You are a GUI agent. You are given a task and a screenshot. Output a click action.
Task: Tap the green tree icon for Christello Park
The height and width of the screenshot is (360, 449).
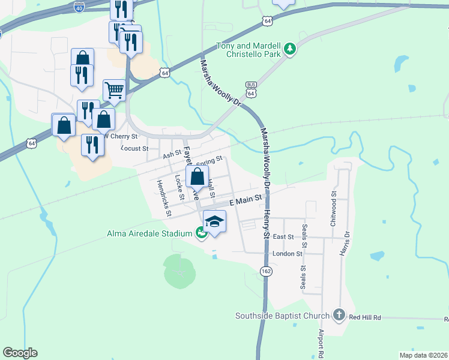pos(290,48)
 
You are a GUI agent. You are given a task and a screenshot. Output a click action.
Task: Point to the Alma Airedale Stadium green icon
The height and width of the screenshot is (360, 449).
pos(201,233)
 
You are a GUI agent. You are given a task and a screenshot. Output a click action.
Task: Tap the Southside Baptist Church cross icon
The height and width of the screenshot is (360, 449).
pos(339,315)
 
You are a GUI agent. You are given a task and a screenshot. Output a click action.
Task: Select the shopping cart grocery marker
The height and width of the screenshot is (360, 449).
pos(114,91)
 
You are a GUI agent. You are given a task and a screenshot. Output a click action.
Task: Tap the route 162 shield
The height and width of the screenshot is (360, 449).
pos(266,272)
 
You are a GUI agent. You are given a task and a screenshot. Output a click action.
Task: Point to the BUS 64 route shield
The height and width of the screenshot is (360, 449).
pos(252,90)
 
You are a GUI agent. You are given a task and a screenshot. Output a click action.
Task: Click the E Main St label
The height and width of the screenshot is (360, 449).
pos(246,197)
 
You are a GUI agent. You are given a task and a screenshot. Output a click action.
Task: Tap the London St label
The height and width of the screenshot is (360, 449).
pos(287,254)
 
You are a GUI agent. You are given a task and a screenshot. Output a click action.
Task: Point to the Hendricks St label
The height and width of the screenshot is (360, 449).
pos(164,197)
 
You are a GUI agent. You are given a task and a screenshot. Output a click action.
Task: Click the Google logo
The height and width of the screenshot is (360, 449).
pos(20,353)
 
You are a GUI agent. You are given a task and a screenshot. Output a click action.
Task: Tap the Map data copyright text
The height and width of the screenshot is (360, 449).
pos(424,355)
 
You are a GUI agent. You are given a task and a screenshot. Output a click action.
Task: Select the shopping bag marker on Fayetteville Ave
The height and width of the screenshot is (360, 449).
pos(197,177)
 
